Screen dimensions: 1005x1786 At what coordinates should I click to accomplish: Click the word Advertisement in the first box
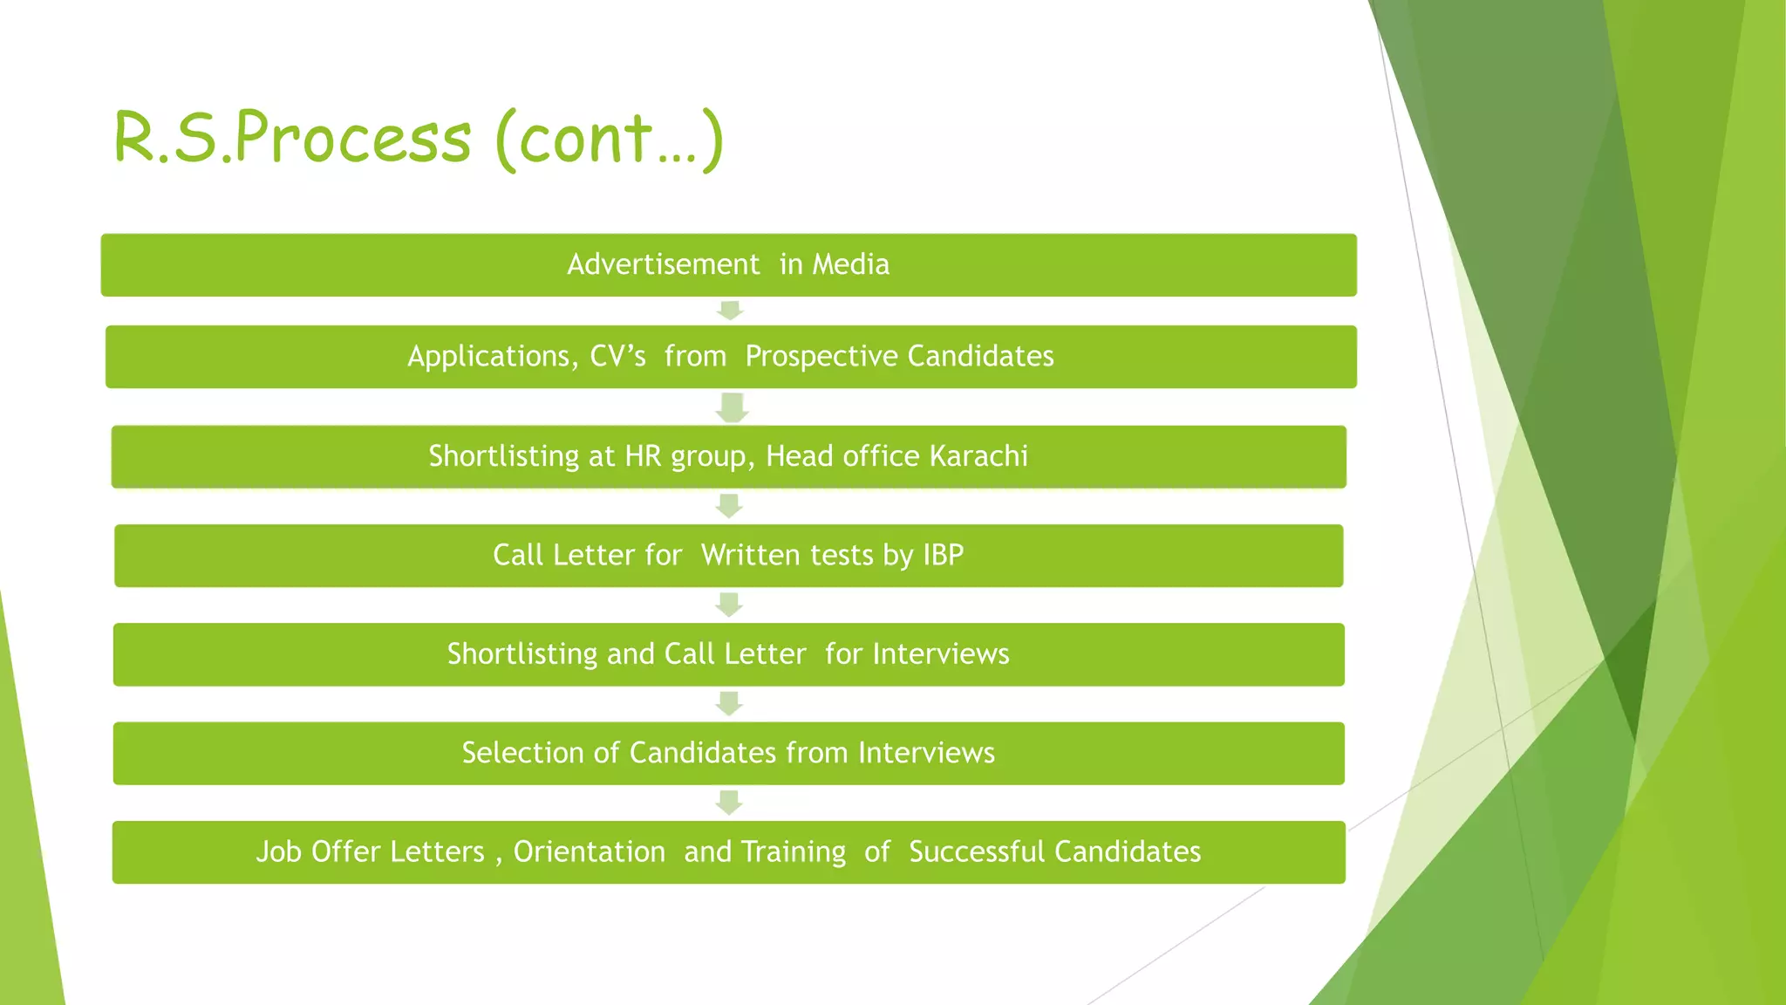(663, 264)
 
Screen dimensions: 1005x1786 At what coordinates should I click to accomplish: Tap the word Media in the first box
(850, 264)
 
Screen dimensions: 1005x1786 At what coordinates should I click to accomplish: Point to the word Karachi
(978, 456)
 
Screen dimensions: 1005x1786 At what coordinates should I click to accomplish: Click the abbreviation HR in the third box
(643, 456)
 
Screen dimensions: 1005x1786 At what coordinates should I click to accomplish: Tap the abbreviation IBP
(943, 555)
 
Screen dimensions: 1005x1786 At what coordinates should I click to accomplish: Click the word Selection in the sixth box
(522, 753)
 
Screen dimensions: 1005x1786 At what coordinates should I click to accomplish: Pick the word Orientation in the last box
(589, 851)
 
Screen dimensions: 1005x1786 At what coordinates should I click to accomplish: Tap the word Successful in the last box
(976, 851)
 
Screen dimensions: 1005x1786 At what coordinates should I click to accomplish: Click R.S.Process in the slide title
(292, 138)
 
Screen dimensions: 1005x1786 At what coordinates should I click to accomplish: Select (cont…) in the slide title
(609, 138)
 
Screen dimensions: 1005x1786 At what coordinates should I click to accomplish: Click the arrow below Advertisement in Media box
(730, 311)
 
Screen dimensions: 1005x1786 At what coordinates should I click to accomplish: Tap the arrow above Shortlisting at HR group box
(732, 407)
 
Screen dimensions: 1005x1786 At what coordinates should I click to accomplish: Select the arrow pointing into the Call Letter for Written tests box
(729, 506)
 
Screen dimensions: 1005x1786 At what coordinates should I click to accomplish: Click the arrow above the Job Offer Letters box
(729, 803)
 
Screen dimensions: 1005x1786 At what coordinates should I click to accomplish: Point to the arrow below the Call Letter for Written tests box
(729, 605)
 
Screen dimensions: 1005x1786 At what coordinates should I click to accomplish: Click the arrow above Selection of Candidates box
(729, 703)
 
